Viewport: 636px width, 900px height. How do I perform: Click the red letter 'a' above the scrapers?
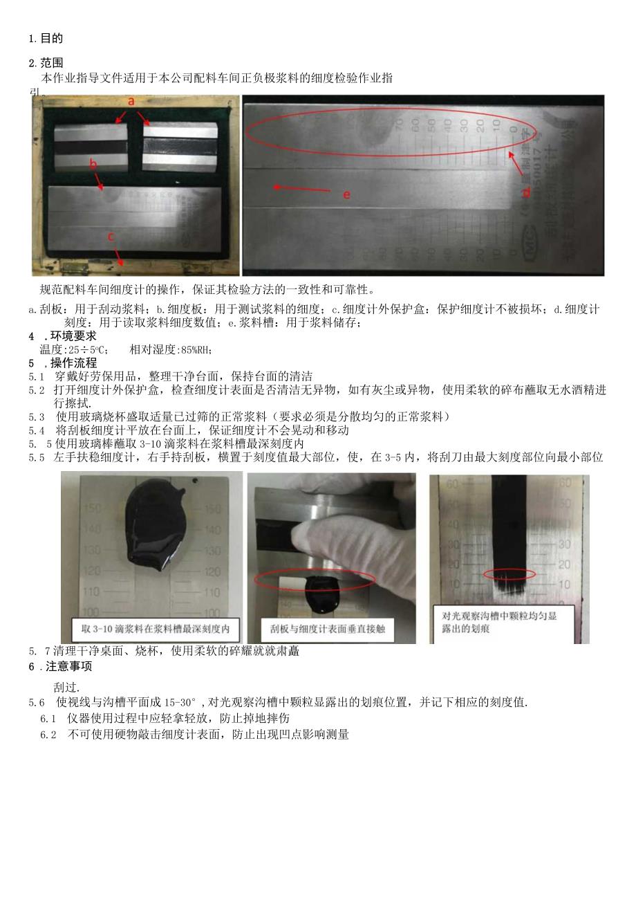(131, 101)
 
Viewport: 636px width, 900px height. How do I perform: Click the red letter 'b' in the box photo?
(93, 163)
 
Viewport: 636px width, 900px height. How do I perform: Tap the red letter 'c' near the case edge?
(110, 236)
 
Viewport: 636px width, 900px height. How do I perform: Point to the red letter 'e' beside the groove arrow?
(346, 194)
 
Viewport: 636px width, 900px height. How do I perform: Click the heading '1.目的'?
(46, 39)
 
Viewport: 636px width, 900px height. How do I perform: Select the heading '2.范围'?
(46, 64)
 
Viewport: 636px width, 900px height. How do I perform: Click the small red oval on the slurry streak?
(509, 574)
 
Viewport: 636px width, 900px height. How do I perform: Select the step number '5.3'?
(37, 416)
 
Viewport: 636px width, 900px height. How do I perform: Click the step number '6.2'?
(48, 735)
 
